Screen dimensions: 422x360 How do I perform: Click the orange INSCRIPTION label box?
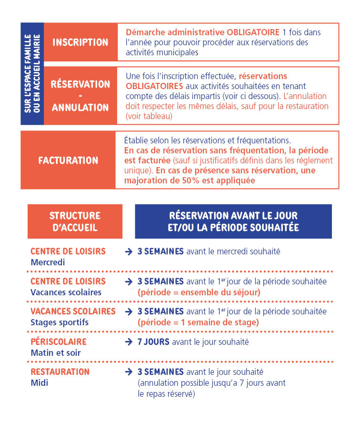coord(80,42)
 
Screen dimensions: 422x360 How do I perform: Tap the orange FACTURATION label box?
coord(68,160)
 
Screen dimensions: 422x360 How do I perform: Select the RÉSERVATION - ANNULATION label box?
coord(80,96)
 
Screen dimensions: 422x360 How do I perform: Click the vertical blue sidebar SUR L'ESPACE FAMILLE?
coord(32,73)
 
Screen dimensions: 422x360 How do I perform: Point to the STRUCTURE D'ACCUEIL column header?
coord(75,221)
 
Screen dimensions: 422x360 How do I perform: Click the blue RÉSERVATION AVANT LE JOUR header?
coord(233,221)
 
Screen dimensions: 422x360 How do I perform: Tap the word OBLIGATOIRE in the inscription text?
coord(250,32)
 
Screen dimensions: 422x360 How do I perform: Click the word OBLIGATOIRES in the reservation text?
coord(154,86)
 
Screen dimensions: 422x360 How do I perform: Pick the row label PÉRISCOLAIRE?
coord(59,342)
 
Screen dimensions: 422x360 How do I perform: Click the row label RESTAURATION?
coord(60,372)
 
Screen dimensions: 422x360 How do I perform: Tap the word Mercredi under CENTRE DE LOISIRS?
coord(47,262)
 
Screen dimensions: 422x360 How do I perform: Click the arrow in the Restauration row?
coord(129,372)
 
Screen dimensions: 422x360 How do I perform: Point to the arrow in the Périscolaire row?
coord(129,342)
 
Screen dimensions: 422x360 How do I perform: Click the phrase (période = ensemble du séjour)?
coord(199,292)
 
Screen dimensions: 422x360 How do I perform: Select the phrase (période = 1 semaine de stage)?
coord(198,322)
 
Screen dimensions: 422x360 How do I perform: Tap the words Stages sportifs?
coord(60,322)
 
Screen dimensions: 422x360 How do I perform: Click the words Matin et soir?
coord(56,352)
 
